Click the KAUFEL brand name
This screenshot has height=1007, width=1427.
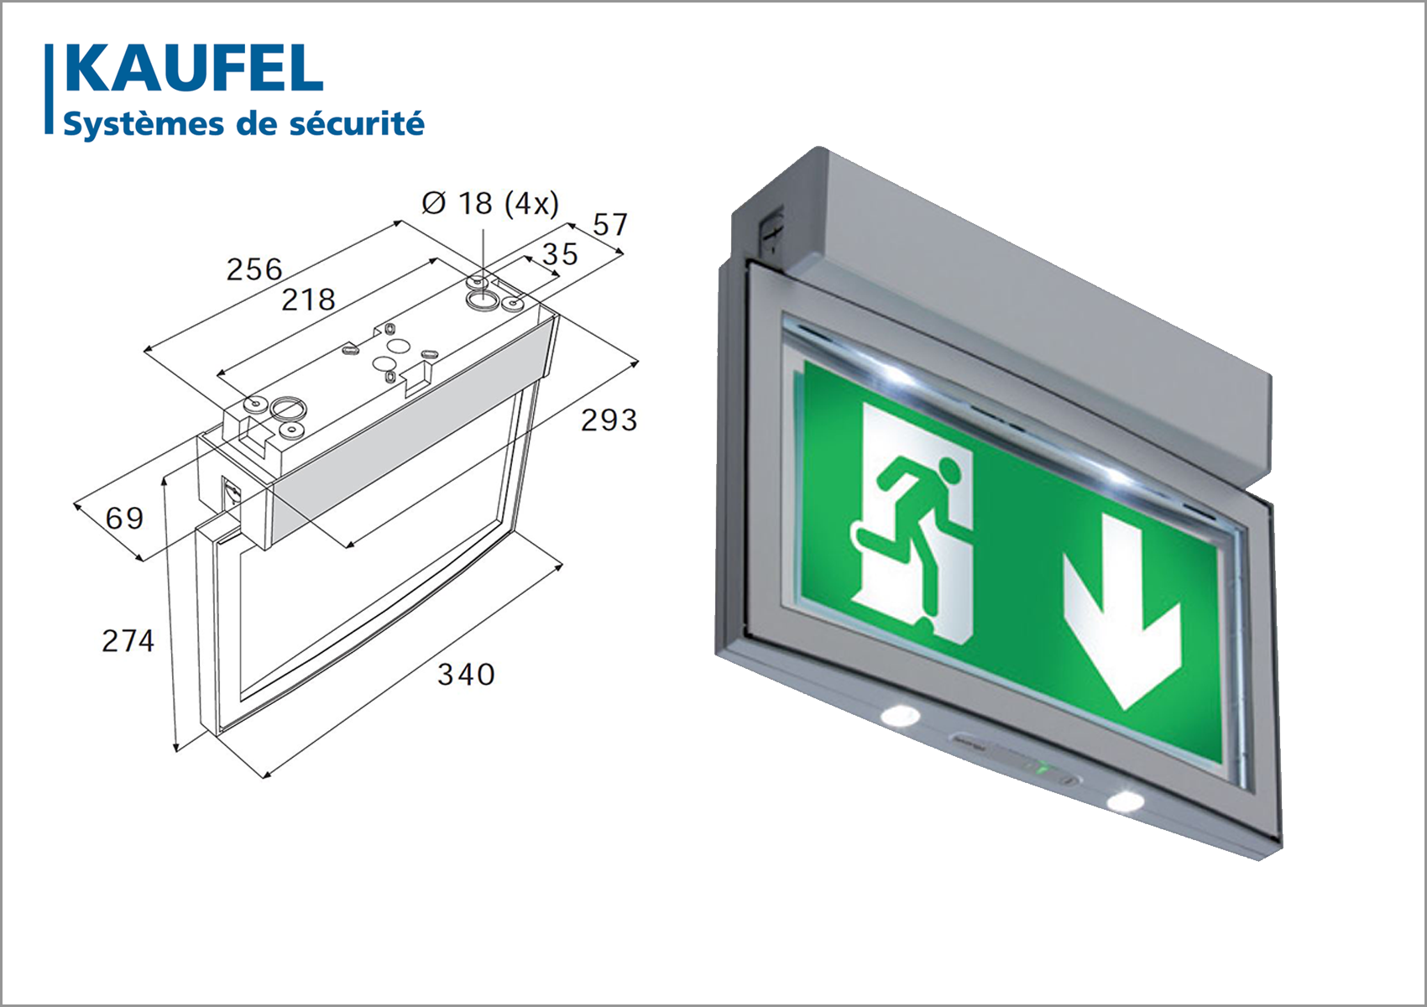coord(194,69)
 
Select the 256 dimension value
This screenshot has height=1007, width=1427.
coord(254,269)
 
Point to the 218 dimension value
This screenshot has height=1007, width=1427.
coord(308,300)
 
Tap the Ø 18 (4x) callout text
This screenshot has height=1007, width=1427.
coord(490,203)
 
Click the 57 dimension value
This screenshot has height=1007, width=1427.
coord(610,225)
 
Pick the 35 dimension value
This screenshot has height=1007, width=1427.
coord(560,254)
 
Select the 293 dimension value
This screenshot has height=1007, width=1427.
coord(609,420)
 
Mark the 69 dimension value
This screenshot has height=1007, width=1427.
coord(124,518)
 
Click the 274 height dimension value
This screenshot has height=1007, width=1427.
coord(128,641)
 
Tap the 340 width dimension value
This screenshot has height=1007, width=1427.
coord(466,675)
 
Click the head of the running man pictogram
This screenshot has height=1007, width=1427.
coord(949,469)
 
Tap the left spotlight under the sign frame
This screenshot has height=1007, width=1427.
coord(900,715)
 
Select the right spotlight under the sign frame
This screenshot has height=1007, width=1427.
coord(1126,801)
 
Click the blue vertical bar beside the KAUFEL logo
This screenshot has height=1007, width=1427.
coord(49,89)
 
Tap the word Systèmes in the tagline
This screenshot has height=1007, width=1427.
coord(144,124)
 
